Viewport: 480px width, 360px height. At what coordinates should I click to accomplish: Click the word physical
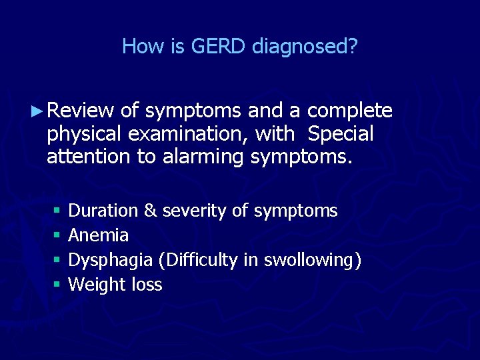point(85,135)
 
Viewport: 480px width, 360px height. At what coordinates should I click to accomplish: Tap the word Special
point(340,135)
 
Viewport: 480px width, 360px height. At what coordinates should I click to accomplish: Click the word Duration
point(103,211)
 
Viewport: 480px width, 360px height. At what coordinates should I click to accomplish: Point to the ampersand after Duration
point(151,211)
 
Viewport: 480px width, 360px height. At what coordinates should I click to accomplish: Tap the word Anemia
point(99,235)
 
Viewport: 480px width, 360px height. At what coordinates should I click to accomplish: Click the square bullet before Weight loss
point(57,285)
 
